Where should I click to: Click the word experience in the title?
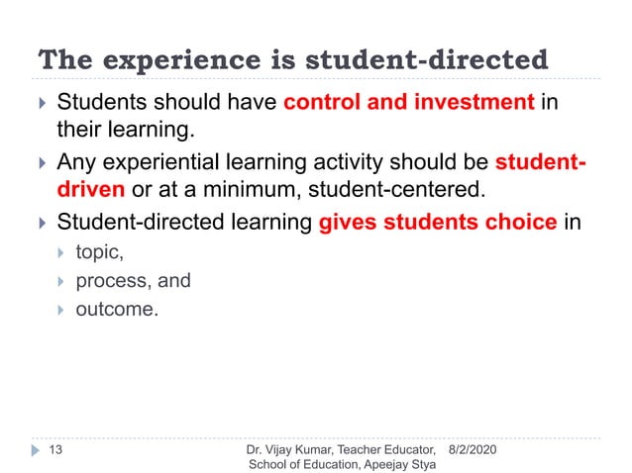[x=153, y=60]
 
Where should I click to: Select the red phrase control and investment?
[x=410, y=102]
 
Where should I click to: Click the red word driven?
[x=90, y=189]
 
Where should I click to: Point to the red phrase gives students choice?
[x=437, y=222]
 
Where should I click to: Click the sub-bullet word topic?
[x=100, y=252]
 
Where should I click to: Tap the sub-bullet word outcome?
[x=117, y=310]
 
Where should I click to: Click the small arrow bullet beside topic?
[x=64, y=253]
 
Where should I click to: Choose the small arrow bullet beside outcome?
[x=64, y=311]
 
